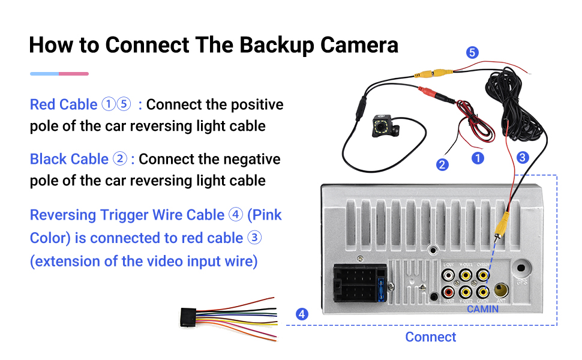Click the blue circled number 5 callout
(x=473, y=53)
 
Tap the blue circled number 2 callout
(x=442, y=164)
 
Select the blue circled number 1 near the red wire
(x=478, y=158)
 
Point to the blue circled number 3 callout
(x=522, y=157)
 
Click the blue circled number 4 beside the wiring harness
(x=302, y=314)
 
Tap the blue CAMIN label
(x=483, y=309)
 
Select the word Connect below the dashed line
(x=430, y=337)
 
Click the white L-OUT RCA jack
(x=448, y=275)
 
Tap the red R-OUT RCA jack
(x=448, y=293)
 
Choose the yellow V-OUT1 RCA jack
(x=465, y=275)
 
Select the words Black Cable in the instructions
(x=69, y=159)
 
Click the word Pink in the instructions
(x=265, y=215)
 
